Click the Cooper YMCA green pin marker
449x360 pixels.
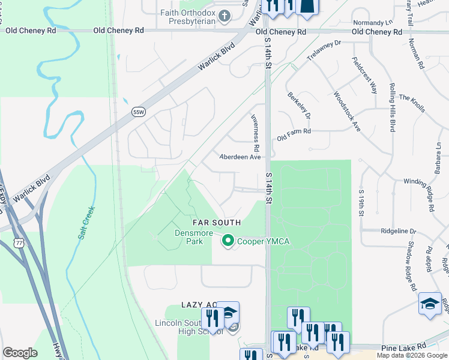[228, 241]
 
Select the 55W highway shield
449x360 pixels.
[139, 112]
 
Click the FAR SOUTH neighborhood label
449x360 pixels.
[217, 223]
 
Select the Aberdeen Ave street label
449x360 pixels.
[240, 157]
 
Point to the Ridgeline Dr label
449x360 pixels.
[397, 230]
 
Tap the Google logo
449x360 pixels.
[20, 353]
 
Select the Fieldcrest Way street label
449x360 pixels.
[365, 77]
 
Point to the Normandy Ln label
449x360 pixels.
[381, 22]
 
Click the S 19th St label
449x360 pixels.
[362, 201]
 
